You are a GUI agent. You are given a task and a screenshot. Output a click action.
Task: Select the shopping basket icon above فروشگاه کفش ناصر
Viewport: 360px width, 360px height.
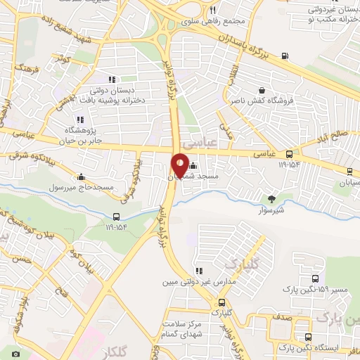pos(262,90)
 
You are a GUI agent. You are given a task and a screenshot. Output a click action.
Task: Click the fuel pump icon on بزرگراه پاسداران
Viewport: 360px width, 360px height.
pos(283,56)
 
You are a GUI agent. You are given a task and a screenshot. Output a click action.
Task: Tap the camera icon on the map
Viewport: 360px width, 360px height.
pos(15,354)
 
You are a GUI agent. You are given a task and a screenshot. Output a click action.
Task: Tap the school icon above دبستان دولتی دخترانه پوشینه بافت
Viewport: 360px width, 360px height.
pos(110,79)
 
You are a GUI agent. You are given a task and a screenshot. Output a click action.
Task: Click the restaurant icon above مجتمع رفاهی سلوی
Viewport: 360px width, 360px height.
pos(212,10)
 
